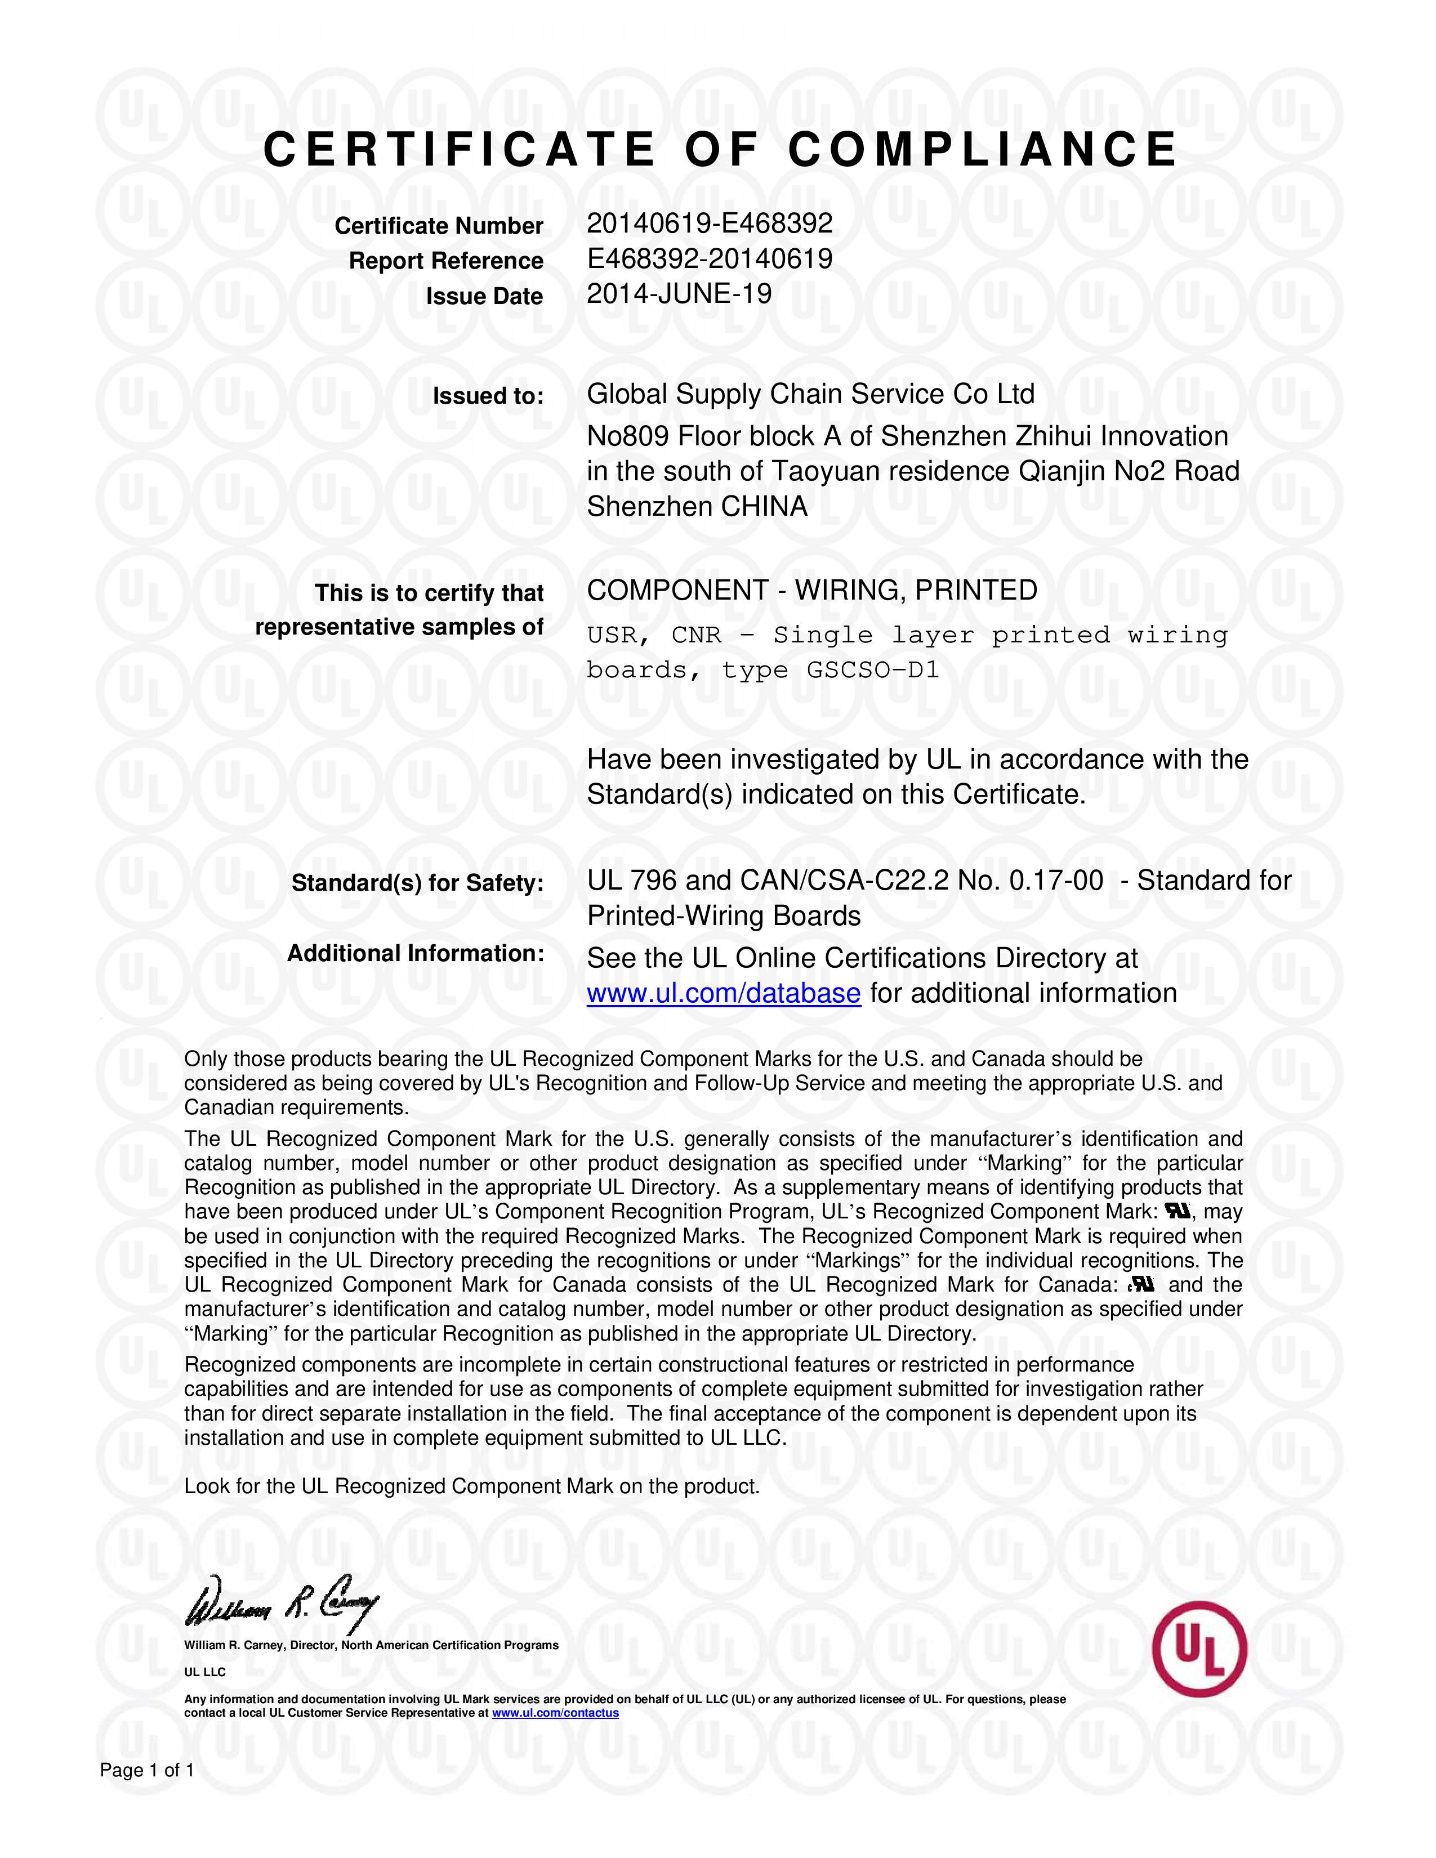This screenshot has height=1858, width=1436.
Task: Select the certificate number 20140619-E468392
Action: [710, 223]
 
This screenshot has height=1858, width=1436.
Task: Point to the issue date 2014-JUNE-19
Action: [679, 294]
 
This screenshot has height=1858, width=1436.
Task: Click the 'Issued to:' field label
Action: [488, 396]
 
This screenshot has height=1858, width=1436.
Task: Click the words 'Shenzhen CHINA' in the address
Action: [697, 507]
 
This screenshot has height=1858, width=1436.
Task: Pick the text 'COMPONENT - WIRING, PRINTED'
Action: [811, 591]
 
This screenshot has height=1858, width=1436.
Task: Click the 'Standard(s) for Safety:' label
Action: [417, 883]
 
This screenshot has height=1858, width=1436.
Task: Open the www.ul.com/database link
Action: [723, 994]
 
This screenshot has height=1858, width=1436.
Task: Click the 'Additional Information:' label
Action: [415, 954]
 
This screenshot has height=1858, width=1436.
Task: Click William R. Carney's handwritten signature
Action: [281, 1603]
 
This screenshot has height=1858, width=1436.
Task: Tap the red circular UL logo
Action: [1199, 1650]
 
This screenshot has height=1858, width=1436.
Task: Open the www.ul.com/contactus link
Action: [555, 1713]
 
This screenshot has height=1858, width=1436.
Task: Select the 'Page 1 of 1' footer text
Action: [147, 1770]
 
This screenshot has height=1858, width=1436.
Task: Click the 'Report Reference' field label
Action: [446, 261]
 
